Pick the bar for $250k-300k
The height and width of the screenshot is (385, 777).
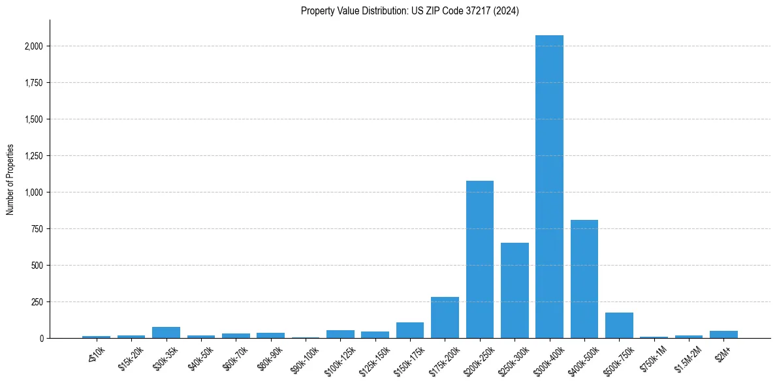click(515, 290)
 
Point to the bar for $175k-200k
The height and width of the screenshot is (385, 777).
click(445, 318)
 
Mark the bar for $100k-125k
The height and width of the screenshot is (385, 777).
click(340, 334)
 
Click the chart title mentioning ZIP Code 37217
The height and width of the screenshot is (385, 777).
click(410, 11)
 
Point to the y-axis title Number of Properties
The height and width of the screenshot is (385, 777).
click(10, 179)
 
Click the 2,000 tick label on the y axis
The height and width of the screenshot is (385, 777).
click(34, 46)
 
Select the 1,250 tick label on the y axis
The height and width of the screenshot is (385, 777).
click(34, 156)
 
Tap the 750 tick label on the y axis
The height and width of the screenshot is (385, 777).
click(37, 229)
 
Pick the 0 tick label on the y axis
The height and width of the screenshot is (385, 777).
click(41, 339)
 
